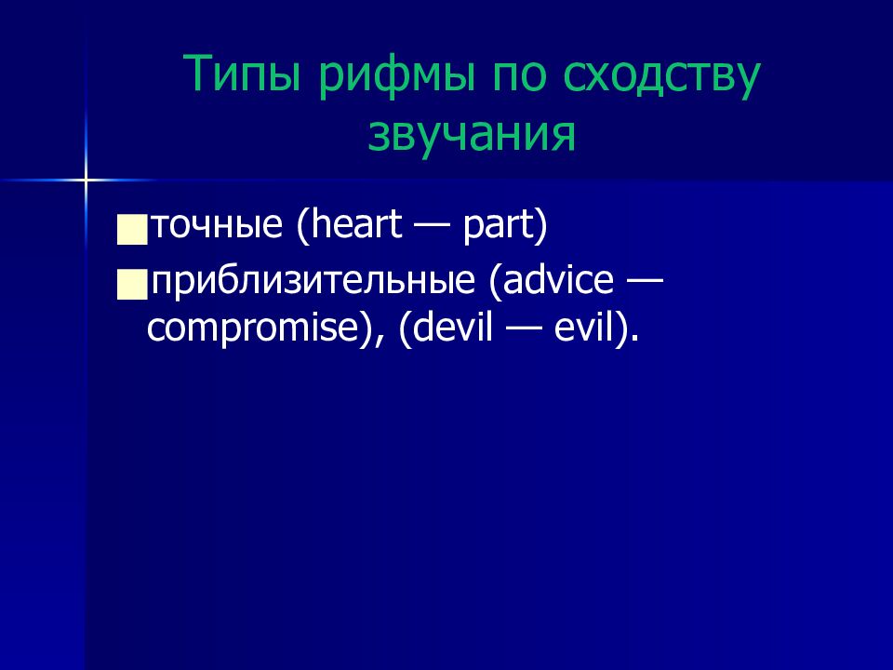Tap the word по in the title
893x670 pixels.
(x=519, y=76)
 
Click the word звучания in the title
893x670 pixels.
(x=472, y=135)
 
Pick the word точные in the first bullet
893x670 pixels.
(x=217, y=225)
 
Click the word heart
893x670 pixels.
(x=356, y=224)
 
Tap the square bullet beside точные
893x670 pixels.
(x=132, y=230)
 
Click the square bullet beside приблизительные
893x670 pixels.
(x=132, y=285)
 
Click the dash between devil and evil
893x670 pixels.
(x=524, y=330)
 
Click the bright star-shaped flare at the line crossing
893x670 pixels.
(x=86, y=181)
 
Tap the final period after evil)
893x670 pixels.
(x=635, y=339)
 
